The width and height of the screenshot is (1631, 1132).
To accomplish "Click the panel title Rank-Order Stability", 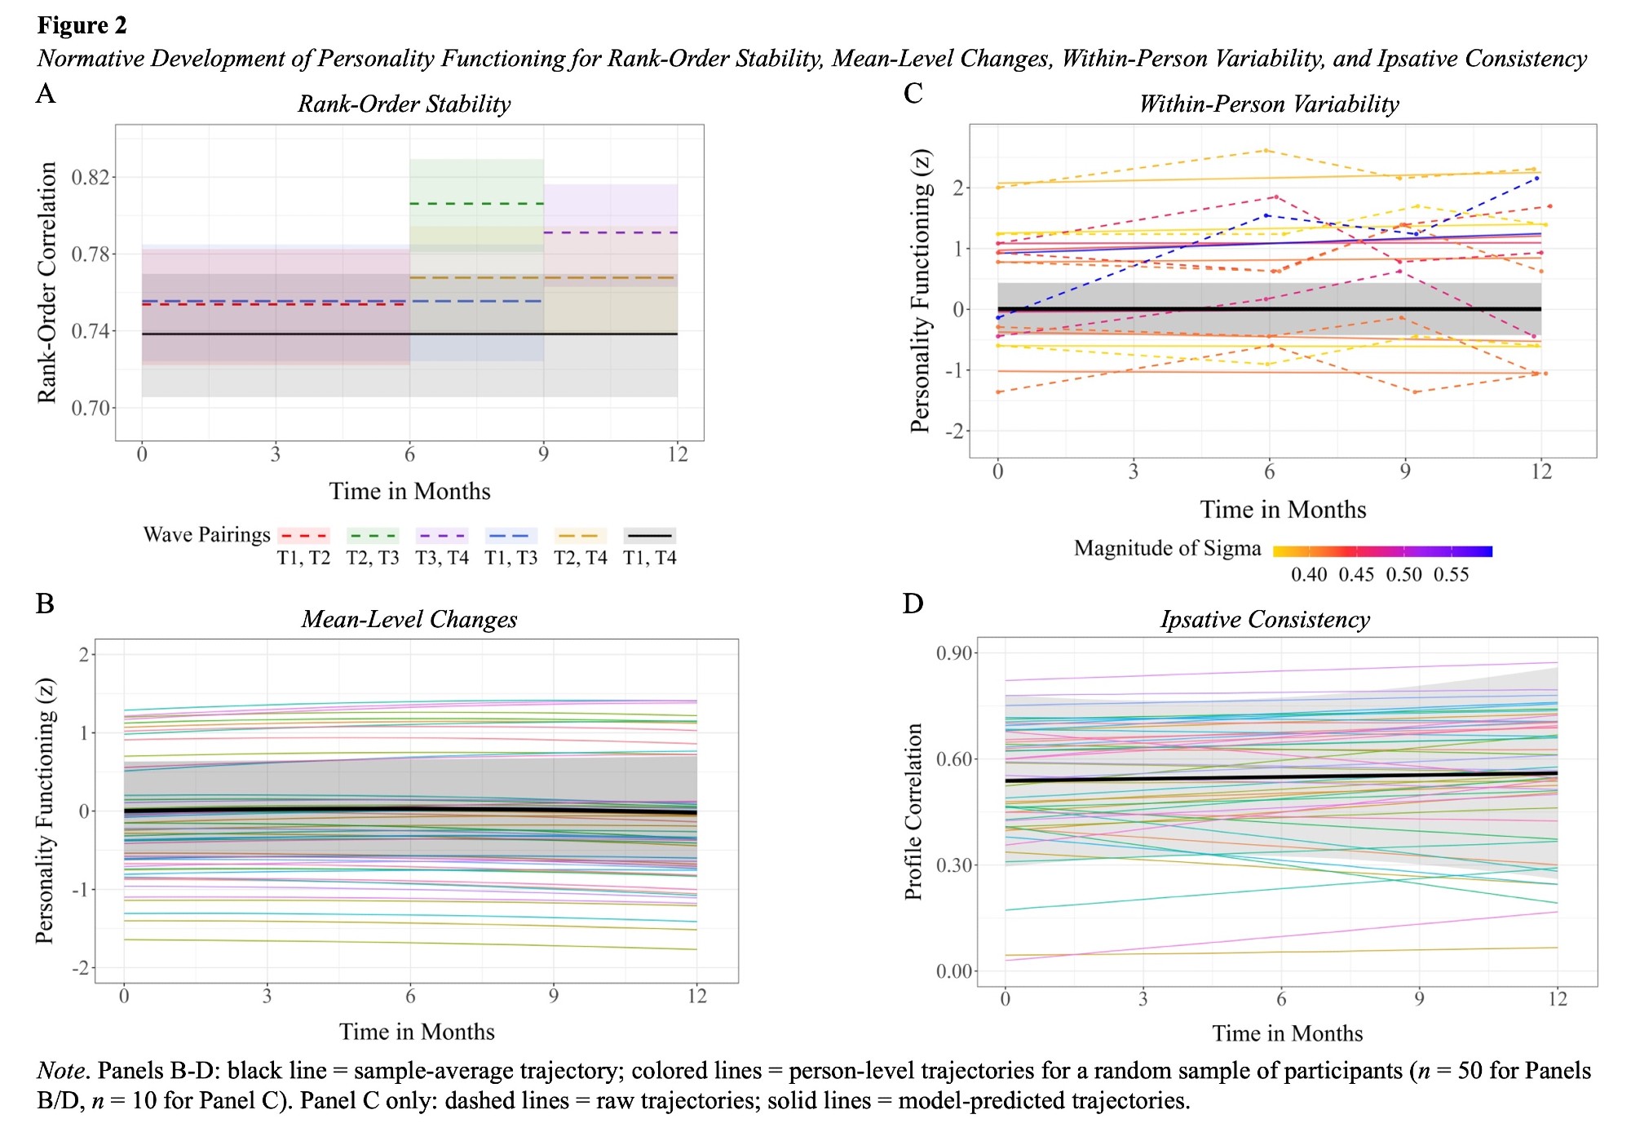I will (404, 104).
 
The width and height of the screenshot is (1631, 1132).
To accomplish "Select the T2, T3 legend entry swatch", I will (373, 536).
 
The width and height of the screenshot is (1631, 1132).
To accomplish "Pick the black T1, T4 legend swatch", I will (649, 536).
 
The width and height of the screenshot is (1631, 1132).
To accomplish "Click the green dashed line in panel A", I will (476, 203).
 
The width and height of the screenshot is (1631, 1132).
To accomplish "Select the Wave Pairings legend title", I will (206, 535).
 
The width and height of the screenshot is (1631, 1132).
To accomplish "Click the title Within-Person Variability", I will (1269, 104).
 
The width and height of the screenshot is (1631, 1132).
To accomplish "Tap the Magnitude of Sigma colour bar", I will (1382, 551).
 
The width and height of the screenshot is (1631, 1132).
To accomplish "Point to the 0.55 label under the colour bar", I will (1452, 575).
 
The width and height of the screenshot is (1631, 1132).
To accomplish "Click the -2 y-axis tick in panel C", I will (954, 431).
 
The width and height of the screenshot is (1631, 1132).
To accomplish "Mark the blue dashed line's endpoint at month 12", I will (1537, 178).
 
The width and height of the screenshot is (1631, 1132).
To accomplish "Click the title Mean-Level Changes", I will (409, 620).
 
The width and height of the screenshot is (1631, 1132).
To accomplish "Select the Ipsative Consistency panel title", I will (1265, 620).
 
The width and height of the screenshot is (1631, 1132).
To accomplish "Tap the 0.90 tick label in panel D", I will (953, 653).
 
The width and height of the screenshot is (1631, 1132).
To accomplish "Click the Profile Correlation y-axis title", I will (913, 811).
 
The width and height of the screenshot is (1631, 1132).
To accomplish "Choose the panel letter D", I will (913, 604).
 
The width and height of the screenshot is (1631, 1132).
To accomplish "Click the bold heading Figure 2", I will (82, 26).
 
